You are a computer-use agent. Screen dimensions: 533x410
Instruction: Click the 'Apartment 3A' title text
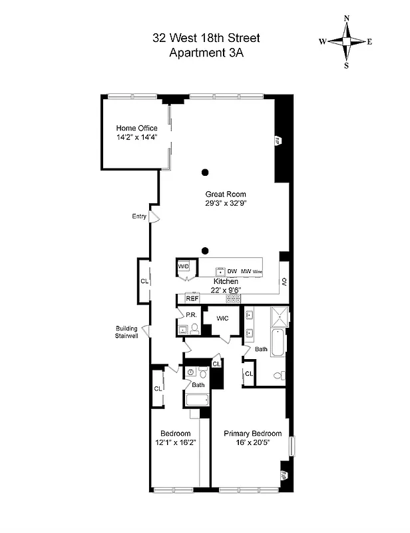click(x=205, y=54)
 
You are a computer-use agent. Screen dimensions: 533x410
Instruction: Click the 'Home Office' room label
click(x=136, y=128)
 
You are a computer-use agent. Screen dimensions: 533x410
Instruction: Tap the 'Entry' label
click(x=139, y=216)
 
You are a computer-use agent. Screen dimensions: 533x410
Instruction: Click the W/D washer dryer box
click(x=184, y=267)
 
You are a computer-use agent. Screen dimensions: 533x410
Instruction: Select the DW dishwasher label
click(x=232, y=272)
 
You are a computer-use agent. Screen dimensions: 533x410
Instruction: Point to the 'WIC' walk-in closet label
click(x=222, y=318)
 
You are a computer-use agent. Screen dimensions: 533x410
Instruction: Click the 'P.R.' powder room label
click(x=190, y=315)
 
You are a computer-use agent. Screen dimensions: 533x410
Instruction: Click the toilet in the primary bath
click(x=280, y=375)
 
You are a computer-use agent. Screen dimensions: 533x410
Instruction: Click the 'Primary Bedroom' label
click(x=252, y=433)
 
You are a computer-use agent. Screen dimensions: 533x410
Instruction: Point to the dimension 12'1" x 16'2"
click(x=174, y=442)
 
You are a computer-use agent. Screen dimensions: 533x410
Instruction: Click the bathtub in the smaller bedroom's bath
click(x=197, y=400)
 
